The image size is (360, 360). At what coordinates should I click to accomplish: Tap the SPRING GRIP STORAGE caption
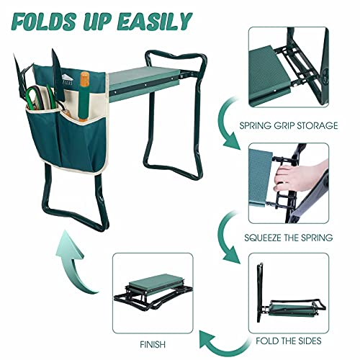pyautogui.click(x=299, y=125)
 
